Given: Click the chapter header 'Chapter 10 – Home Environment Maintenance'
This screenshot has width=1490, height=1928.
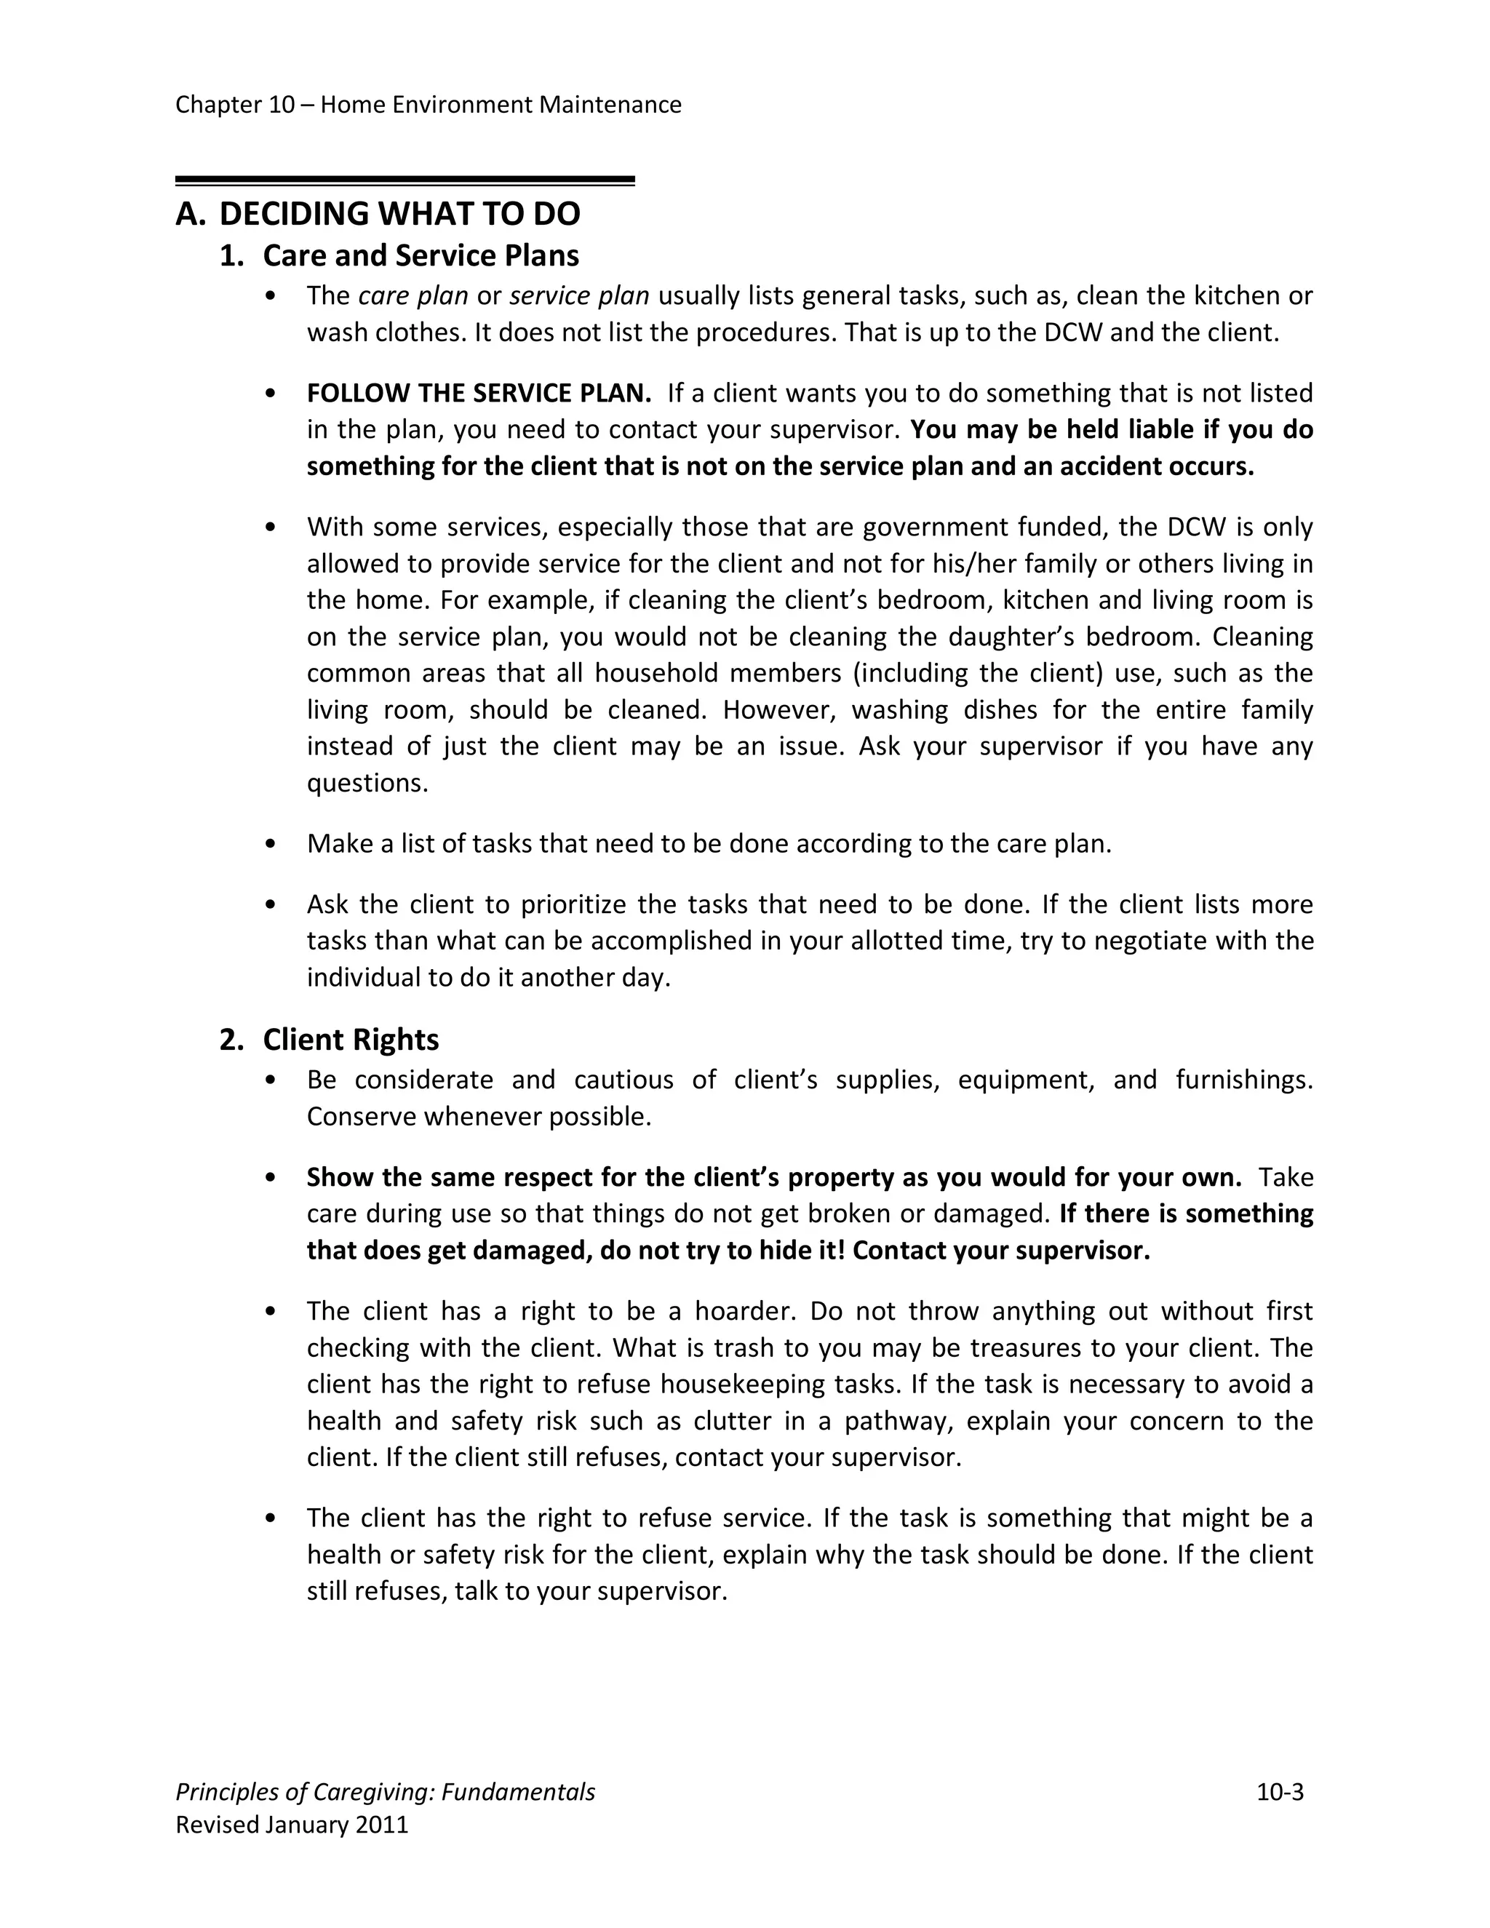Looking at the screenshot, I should (x=428, y=105).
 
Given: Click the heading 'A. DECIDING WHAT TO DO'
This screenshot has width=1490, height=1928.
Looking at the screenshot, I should (x=378, y=215).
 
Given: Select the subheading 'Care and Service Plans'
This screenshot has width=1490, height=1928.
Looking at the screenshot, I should (x=421, y=256).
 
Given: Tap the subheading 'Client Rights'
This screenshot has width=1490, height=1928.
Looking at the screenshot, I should (x=351, y=1040).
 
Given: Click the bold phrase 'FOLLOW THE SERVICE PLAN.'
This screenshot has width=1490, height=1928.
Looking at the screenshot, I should (x=479, y=393).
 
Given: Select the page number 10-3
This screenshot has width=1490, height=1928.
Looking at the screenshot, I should (x=1279, y=1792).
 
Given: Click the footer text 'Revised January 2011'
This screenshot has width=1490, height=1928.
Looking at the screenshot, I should (x=292, y=1825).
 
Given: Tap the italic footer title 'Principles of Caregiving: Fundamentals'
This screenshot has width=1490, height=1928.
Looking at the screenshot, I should (x=385, y=1792).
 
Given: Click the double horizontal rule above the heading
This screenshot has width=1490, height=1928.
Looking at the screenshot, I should (x=405, y=181).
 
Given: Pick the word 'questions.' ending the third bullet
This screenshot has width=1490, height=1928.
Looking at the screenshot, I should (x=367, y=783).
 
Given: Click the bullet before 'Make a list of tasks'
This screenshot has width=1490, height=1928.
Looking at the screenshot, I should (x=271, y=844).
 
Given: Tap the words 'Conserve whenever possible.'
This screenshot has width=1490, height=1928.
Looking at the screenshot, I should (x=479, y=1117).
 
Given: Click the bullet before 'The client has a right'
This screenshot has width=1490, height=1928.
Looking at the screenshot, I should (x=271, y=1311).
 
